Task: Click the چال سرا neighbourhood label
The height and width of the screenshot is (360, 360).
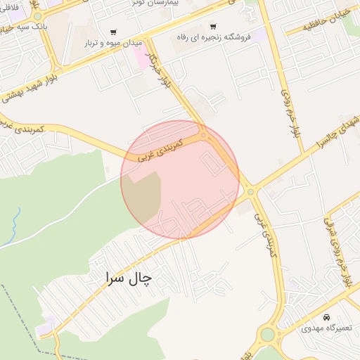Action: tap(128, 277)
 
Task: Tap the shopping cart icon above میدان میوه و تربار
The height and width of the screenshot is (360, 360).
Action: tap(113, 32)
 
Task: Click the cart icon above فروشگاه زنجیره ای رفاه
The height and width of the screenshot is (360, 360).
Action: tap(213, 26)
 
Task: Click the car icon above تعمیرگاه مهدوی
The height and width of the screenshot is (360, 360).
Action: tap(327, 317)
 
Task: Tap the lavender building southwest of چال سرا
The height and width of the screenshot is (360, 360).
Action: tap(45, 327)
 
